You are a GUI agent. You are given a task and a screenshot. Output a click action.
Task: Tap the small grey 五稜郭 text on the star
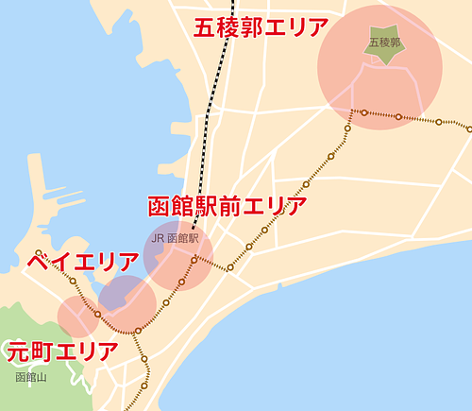click(384, 43)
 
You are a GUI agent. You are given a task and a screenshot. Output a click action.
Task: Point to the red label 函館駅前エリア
click(228, 207)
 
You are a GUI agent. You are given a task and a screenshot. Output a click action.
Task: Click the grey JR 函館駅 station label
click(175, 239)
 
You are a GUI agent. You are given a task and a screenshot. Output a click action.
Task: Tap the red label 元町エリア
click(62, 352)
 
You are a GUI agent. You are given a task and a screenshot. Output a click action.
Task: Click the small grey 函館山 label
click(30, 377)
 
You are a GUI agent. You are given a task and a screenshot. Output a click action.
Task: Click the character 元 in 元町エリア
click(18, 352)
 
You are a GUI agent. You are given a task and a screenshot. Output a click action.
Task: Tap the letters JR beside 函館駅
click(158, 239)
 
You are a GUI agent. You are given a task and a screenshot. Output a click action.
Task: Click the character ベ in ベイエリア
click(39, 262)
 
